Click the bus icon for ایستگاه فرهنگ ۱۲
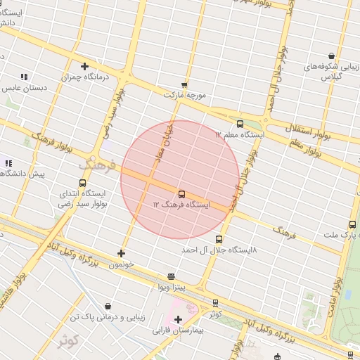(181, 193)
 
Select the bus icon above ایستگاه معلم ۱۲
(240, 124)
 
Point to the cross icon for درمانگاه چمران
(84, 67)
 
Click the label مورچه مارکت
(185, 94)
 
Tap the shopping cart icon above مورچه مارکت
(184, 84)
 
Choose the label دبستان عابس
(24, 88)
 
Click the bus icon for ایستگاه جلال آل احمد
(219, 240)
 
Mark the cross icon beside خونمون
(121, 253)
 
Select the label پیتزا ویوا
(171, 288)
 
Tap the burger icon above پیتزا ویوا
(171, 277)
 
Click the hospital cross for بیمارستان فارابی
(178, 320)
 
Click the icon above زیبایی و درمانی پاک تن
(108, 307)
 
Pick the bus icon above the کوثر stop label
(215, 303)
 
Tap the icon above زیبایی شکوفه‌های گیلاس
(331, 56)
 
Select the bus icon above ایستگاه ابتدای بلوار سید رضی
(82, 183)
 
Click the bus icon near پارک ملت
(352, 225)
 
